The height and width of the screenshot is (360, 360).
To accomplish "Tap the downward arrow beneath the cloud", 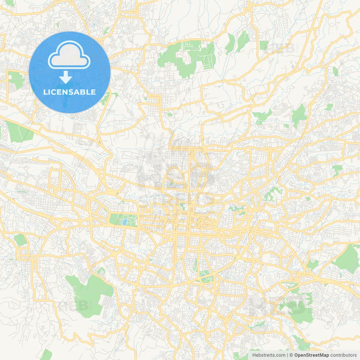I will tap(66, 77).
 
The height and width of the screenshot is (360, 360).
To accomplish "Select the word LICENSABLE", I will tap(69, 92).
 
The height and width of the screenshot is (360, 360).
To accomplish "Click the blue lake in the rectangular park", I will tap(124, 222).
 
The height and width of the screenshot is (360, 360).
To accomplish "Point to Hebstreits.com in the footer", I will tap(269, 355).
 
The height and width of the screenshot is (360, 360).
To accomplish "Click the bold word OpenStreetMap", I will tap(311, 355).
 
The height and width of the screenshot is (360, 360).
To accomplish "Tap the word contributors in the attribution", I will tap(343, 355).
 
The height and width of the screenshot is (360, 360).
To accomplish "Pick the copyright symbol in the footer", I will tap(291, 355).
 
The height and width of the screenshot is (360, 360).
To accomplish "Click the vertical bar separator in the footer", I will tap(287, 355).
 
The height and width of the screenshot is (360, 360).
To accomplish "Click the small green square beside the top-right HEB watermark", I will tap(264, 45).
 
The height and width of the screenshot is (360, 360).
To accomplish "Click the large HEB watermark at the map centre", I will tap(174, 177).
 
